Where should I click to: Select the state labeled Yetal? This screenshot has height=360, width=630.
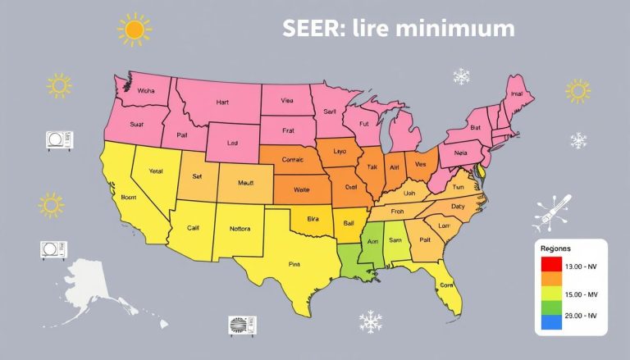[156, 172]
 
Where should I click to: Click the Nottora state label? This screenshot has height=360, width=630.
[241, 228]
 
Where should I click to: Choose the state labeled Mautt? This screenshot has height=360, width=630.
[246, 183]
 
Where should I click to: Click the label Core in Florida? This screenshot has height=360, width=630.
[446, 285]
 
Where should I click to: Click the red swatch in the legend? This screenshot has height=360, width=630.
[551, 265]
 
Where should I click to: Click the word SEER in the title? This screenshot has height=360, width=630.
[310, 29]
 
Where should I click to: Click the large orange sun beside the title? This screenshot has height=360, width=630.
[135, 30]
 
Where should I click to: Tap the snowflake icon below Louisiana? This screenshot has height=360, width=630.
[371, 321]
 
